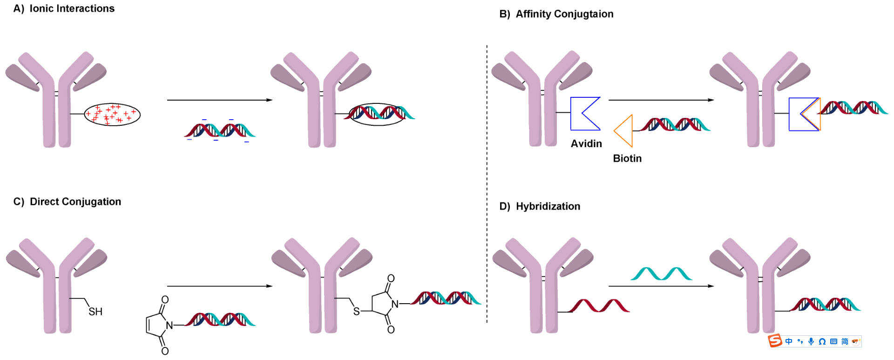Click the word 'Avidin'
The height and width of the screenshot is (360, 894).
coord(586,143)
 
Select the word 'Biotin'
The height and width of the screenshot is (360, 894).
coord(627,158)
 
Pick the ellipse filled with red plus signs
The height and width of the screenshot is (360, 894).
coord(112,114)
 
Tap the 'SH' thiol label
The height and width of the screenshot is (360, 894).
coord(95,312)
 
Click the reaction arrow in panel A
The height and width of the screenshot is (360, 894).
coord(219,100)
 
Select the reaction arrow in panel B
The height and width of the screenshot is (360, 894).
coord(661,100)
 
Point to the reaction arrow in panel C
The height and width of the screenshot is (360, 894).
coord(219,286)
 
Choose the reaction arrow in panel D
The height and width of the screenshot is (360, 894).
coord(661,286)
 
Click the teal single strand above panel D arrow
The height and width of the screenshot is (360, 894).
coord(661,273)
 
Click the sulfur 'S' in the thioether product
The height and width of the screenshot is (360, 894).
coord(356,311)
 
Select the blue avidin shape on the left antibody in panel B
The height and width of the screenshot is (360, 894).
coord(584,114)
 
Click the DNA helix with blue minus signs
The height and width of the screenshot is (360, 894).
coord(220,130)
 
